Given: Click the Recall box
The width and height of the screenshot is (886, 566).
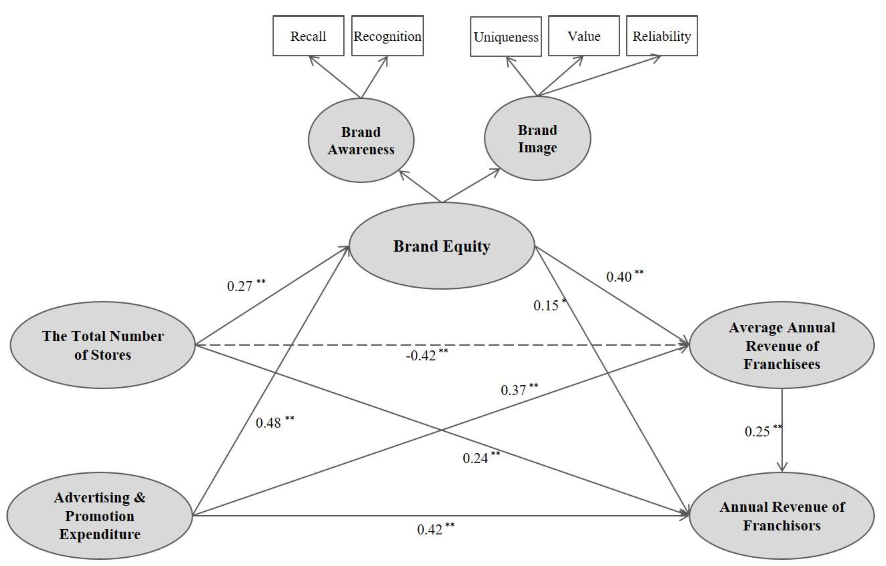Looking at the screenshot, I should [x=308, y=36].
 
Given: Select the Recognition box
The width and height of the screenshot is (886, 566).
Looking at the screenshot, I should [x=388, y=36].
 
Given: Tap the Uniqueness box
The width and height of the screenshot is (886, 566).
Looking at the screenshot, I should [x=506, y=37].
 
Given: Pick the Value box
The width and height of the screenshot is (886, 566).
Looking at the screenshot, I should [x=584, y=36].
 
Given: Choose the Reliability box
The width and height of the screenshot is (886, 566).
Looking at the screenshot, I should [x=662, y=36].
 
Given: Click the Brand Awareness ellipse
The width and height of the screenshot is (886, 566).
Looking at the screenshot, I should [x=361, y=140].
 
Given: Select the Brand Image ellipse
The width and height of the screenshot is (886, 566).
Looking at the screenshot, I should [x=538, y=139].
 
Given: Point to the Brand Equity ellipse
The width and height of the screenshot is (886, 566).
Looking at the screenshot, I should [x=442, y=246].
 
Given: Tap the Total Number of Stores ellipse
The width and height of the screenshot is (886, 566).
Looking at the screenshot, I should [x=103, y=345].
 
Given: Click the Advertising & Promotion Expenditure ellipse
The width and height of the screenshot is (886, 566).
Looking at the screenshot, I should [x=100, y=516].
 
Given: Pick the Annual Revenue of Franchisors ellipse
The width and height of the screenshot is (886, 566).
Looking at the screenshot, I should [x=782, y=516].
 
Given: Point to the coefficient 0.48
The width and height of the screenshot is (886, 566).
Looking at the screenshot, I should [x=269, y=423].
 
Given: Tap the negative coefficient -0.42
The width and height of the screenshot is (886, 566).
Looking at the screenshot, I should [x=421, y=356].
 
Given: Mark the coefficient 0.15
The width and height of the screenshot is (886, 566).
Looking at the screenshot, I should [x=546, y=306].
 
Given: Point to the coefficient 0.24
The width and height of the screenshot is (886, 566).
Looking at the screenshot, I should [x=476, y=458].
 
